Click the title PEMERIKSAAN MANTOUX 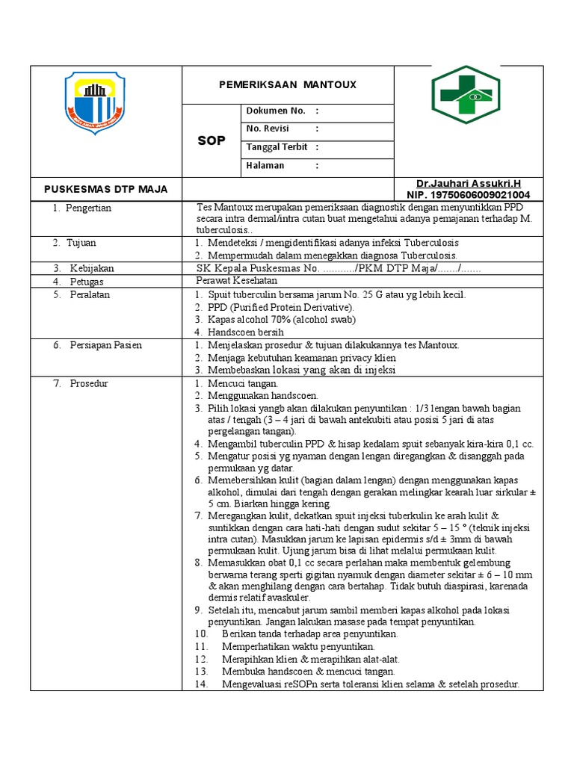pos(287,85)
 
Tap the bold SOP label pos(211,140)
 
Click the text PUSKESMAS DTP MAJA pos(105,189)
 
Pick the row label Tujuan pos(81,243)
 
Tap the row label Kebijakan pos(92,267)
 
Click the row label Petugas pos(87,282)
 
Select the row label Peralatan pos(90,295)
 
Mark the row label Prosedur pos(88,383)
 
